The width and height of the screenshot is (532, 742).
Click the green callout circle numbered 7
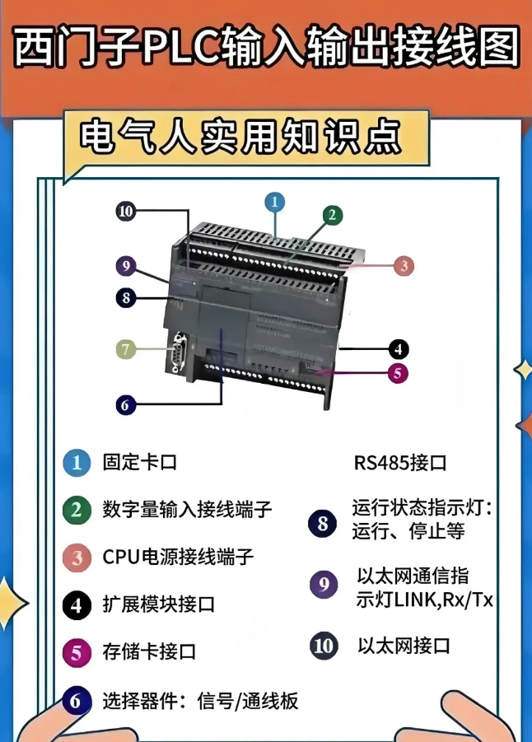tap(125, 349)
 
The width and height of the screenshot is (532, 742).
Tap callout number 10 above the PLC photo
tap(125, 212)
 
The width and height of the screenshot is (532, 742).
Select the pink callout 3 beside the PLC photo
tap(402, 266)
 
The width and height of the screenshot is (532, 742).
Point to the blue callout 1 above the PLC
tap(274, 201)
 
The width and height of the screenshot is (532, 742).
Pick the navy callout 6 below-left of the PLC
tap(125, 404)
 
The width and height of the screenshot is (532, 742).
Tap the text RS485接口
tap(400, 463)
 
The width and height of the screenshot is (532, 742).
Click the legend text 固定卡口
tap(139, 462)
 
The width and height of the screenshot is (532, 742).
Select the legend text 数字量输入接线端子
tap(187, 508)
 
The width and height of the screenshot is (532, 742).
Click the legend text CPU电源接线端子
tap(178, 557)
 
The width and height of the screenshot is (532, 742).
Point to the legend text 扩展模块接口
tap(158, 604)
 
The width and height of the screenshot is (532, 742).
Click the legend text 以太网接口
tap(404, 645)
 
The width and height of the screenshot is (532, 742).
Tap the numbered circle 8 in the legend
tap(322, 524)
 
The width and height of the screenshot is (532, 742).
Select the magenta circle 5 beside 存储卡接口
tap(77, 653)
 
